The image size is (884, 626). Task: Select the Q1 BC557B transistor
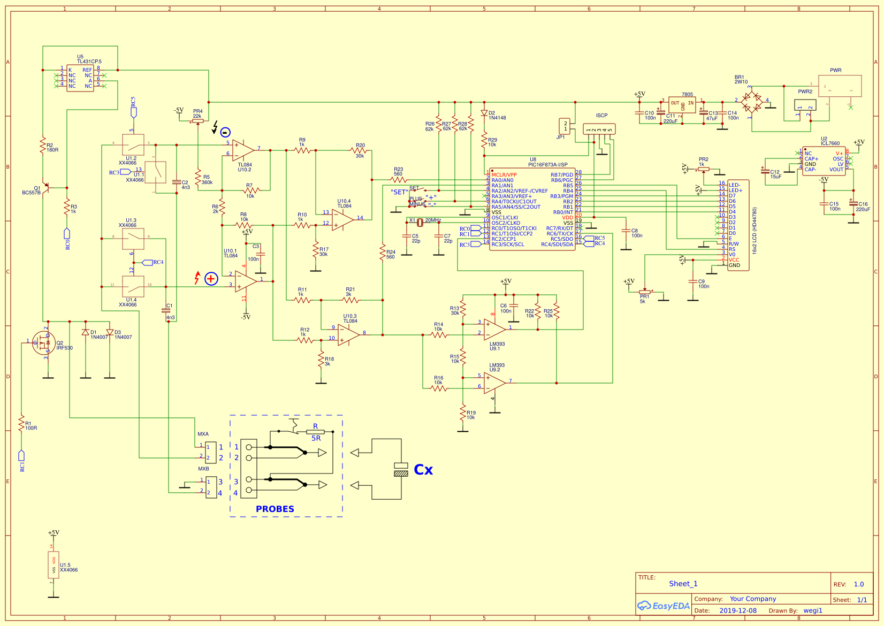(45, 187)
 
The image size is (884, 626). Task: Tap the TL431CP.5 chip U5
(80, 78)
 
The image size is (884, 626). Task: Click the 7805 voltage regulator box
(682, 104)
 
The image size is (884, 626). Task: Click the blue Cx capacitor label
(423, 470)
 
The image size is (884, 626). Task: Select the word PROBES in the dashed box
(275, 509)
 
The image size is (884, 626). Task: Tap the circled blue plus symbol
(211, 279)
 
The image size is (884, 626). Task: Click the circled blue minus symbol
(225, 132)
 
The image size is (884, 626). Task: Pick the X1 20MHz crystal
(420, 222)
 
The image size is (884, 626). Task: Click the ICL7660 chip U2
(824, 161)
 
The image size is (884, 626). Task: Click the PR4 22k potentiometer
(197, 121)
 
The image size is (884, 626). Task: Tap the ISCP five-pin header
(599, 129)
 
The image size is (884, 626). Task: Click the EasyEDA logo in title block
(663, 606)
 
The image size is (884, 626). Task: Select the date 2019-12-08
(738, 610)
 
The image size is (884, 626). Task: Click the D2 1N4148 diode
(484, 113)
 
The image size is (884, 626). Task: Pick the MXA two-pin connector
(211, 452)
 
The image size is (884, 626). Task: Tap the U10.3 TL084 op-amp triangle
(348, 334)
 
